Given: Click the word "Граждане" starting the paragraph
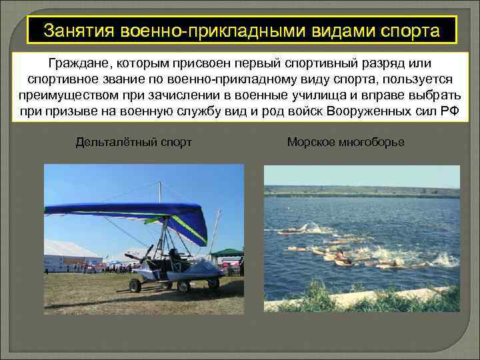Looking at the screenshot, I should click(x=77, y=63).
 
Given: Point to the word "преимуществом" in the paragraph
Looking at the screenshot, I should click(x=64, y=95).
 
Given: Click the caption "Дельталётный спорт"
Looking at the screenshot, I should click(x=134, y=142).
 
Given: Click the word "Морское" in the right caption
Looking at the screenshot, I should click(x=310, y=142).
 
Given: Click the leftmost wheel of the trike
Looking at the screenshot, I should click(x=135, y=285).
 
